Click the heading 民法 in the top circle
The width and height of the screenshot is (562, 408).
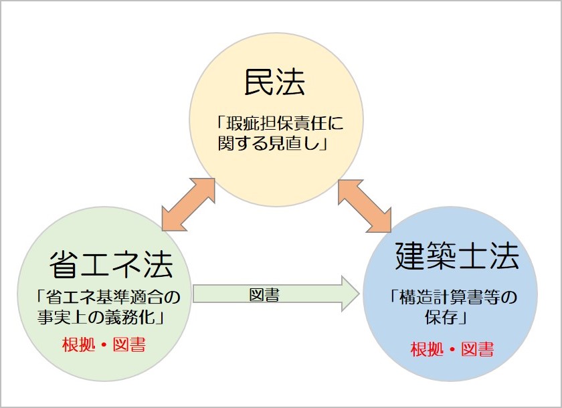(x=274, y=82)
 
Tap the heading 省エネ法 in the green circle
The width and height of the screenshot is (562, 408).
(x=111, y=265)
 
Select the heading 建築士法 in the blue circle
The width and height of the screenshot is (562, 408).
(x=457, y=256)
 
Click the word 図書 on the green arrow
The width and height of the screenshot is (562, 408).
(x=264, y=295)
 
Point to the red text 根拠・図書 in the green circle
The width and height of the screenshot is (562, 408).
(x=104, y=345)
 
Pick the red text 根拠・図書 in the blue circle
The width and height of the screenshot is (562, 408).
(x=452, y=349)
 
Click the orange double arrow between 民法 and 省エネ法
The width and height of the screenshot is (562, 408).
(x=188, y=205)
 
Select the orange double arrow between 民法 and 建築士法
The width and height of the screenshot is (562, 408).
(x=365, y=206)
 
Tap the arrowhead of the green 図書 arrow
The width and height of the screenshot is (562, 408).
(x=350, y=294)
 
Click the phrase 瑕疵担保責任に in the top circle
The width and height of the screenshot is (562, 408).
(x=284, y=124)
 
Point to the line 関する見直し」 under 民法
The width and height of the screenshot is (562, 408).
(x=273, y=143)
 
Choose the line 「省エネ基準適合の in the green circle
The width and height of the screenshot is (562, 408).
(x=108, y=297)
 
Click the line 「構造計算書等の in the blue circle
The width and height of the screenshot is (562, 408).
(x=454, y=297)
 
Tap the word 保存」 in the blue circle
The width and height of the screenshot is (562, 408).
(x=446, y=316)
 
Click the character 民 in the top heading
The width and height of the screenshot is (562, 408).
(x=259, y=82)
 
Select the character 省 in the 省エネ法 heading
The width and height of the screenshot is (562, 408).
(x=64, y=265)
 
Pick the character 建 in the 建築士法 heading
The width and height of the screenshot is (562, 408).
(x=409, y=256)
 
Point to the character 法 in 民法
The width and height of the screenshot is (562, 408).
(x=290, y=82)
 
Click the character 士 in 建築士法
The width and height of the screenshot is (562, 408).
(x=473, y=256)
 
